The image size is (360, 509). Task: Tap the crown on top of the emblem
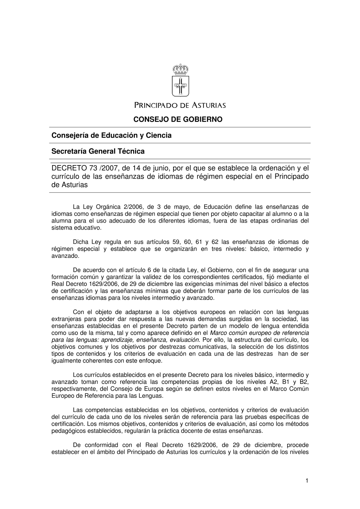point(180,69)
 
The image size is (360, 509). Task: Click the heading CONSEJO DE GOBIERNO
point(178,119)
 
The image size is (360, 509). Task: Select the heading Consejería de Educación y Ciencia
point(112,135)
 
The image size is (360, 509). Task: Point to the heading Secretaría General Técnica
point(98,151)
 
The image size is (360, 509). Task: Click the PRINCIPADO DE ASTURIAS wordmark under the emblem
point(180,105)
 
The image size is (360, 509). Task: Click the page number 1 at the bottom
point(307,480)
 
